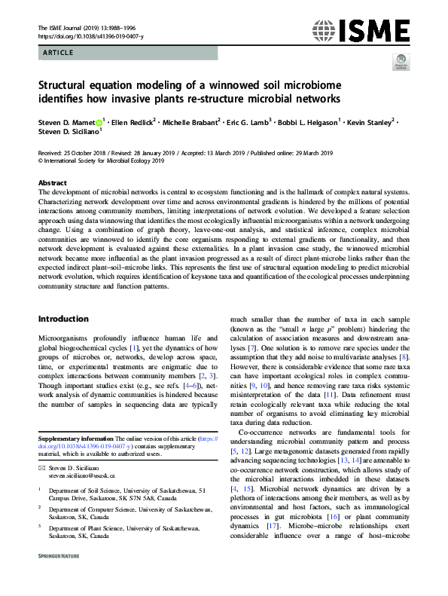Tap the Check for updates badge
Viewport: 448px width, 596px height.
coord(401,63)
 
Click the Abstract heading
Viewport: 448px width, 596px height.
coord(53,183)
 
